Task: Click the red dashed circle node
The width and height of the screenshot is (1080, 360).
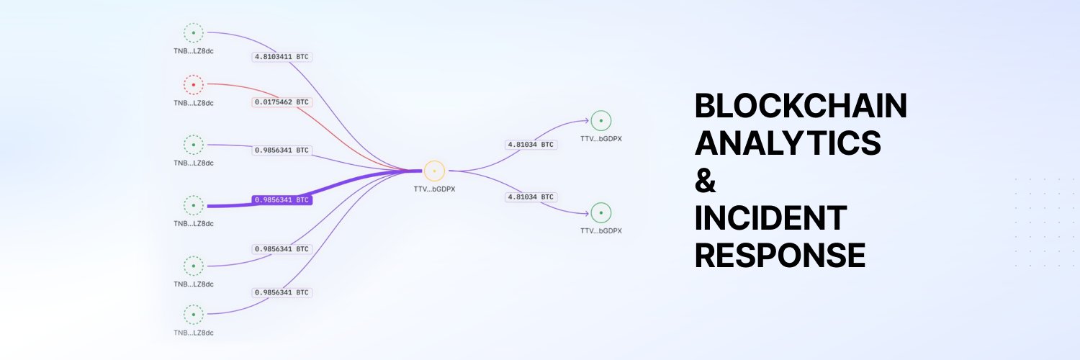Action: pos(193,85)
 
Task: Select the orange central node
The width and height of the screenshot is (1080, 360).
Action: pos(434,171)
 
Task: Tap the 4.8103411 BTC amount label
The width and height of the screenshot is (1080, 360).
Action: pos(282,56)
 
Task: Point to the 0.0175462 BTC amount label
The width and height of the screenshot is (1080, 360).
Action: pos(282,102)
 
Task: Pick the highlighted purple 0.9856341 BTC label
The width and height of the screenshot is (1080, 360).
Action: pos(282,199)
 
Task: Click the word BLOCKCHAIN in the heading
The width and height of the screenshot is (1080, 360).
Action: pos(800,107)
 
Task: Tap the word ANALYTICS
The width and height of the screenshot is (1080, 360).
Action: pos(788,144)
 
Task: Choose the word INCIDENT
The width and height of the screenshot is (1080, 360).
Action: pos(770,218)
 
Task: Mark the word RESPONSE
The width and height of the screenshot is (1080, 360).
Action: pos(780,255)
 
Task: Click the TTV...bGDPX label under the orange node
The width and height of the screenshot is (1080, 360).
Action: pos(434,189)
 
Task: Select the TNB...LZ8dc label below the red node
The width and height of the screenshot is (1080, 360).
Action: pos(193,103)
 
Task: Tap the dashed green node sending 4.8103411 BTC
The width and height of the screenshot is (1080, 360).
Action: pos(193,33)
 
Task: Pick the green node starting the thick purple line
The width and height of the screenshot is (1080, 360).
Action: pos(193,205)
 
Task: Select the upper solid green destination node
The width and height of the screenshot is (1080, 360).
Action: pos(600,120)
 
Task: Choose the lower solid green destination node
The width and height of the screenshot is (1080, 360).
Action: pos(600,212)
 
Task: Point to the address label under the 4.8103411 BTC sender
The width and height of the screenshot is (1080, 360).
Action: pos(193,51)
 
